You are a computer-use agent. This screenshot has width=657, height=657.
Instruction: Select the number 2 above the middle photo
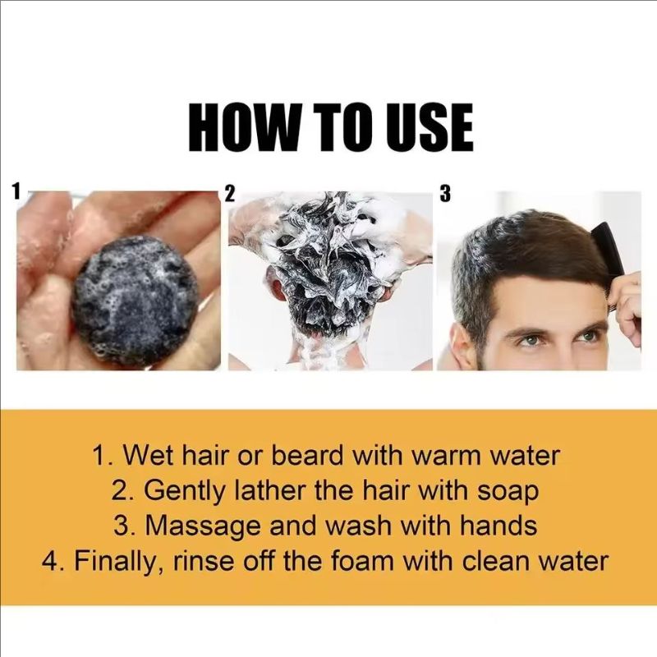[x=231, y=195]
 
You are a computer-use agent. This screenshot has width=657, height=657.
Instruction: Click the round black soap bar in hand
[x=136, y=300]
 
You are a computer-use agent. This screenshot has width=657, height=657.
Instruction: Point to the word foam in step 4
[x=373, y=562]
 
